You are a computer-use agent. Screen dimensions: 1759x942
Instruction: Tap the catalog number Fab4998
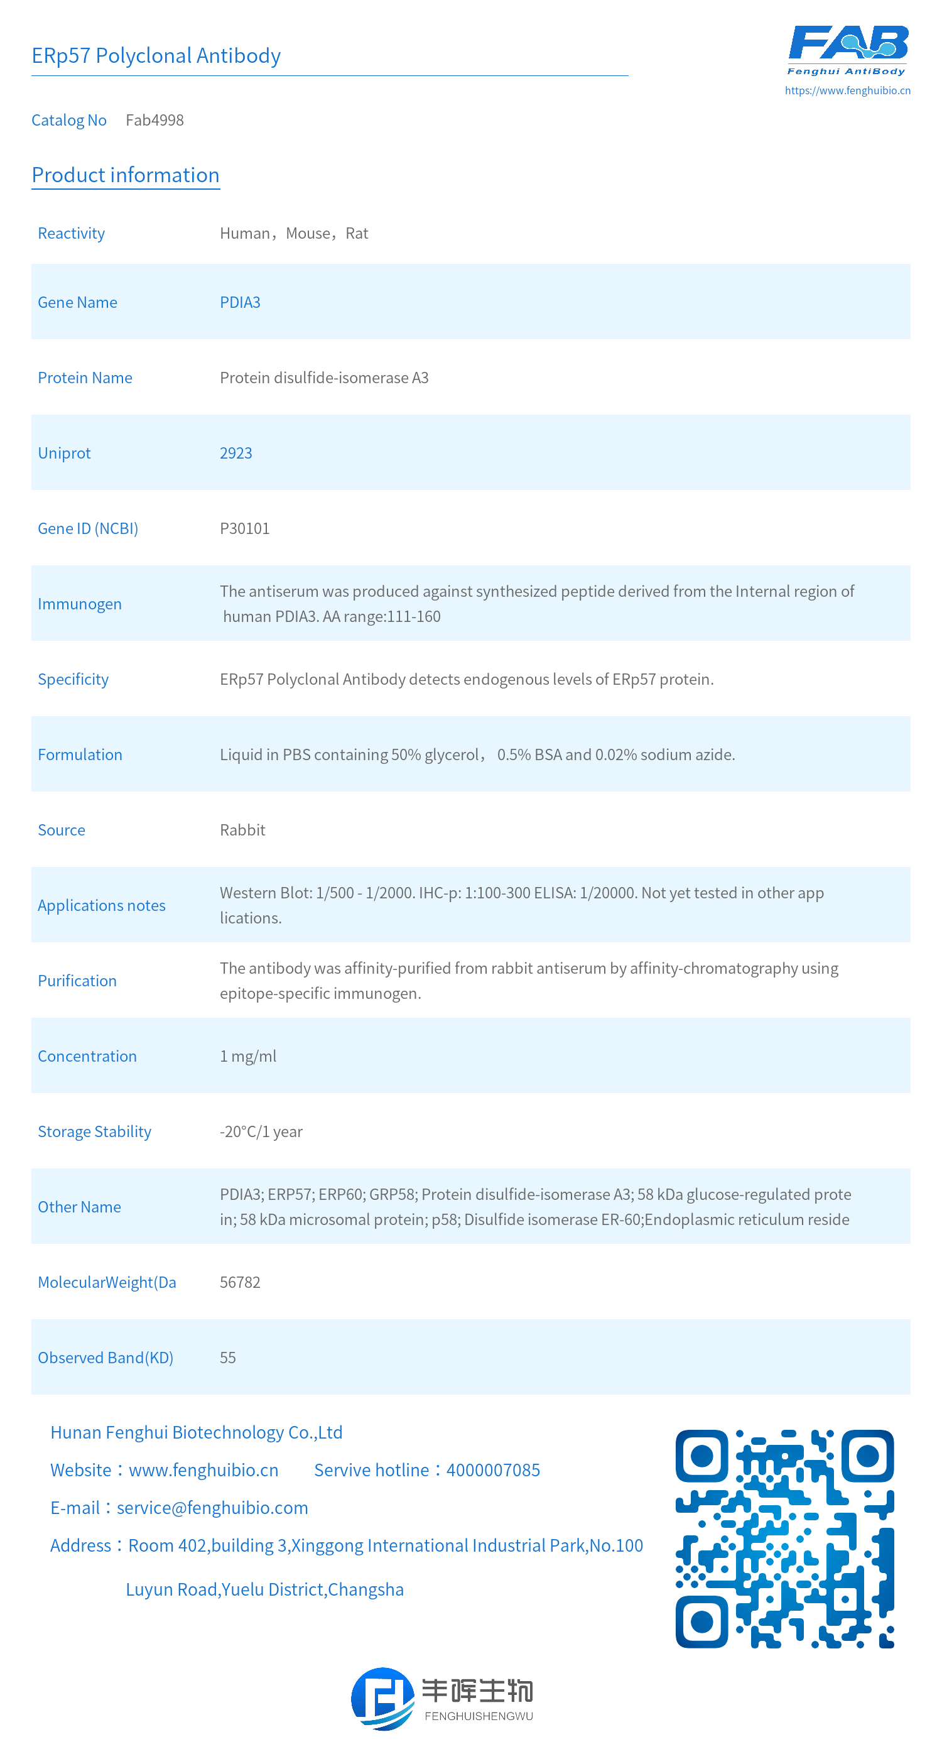tap(154, 120)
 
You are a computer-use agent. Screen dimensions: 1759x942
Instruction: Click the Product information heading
tap(126, 175)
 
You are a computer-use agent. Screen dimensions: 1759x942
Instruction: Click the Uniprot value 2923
tap(235, 453)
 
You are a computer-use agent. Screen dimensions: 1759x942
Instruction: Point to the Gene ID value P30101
tap(244, 528)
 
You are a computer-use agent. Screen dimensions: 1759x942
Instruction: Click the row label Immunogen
tap(79, 604)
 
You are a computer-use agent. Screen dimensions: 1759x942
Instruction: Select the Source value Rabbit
tap(242, 830)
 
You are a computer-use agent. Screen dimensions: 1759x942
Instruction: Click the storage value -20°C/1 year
tap(261, 1131)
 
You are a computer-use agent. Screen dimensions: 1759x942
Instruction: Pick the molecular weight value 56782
tap(240, 1282)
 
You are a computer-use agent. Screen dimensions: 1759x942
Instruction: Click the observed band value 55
tap(227, 1358)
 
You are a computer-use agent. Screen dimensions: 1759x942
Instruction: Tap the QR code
tap(784, 1538)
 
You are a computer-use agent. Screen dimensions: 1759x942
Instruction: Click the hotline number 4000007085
tap(493, 1469)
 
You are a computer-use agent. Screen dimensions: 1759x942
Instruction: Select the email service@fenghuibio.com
tap(212, 1507)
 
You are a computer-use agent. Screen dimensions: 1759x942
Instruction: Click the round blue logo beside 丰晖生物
tap(382, 1698)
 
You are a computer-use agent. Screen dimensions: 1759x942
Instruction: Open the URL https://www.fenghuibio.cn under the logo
tap(847, 90)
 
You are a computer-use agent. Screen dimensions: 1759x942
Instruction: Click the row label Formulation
tap(80, 754)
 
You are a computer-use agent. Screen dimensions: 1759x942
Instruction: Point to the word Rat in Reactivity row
tap(356, 234)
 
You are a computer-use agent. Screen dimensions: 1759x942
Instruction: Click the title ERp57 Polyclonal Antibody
tap(156, 55)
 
